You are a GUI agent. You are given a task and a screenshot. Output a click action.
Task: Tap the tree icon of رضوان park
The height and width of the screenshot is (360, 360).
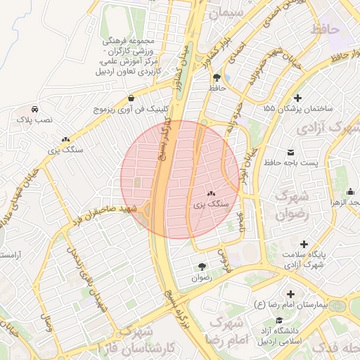(202, 266)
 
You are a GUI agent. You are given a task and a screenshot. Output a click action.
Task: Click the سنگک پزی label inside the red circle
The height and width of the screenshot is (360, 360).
(211, 203)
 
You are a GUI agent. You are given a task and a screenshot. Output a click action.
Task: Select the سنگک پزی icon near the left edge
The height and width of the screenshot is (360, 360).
(65, 140)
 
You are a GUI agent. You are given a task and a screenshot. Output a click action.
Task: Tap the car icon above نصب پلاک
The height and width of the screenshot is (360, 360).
(34, 109)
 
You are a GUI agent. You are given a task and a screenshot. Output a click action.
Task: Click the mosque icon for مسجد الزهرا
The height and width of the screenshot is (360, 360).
(351, 191)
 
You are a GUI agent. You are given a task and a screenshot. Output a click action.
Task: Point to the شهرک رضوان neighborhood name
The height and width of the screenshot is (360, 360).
(295, 205)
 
